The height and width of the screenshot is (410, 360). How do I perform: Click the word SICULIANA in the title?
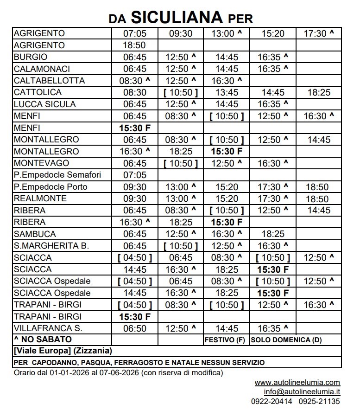[177, 17]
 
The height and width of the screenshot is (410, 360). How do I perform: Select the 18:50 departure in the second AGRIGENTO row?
[134, 45]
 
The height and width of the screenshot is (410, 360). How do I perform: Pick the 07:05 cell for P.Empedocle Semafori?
[134, 175]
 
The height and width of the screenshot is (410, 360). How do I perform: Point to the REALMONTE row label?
[40, 199]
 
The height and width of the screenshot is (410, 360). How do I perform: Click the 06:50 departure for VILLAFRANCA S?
[134, 328]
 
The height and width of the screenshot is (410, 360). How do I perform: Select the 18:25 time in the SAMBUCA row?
[273, 234]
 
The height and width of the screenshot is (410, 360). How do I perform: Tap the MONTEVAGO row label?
[41, 163]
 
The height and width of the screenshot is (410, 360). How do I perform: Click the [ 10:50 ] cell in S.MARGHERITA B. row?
[181, 246]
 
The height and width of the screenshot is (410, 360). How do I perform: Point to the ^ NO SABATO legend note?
[43, 340]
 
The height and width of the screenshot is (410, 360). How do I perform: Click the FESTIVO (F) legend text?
[225, 340]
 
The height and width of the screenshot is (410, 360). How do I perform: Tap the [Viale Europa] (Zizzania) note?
[63, 351]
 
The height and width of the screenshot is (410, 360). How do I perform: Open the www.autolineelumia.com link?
[297, 383]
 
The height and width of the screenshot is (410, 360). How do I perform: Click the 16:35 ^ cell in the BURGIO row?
[273, 58]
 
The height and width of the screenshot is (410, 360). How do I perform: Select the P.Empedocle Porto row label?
[51, 187]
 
